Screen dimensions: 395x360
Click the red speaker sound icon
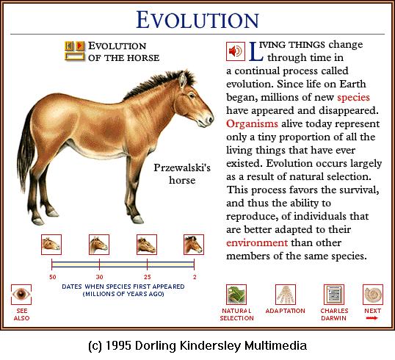[235, 51]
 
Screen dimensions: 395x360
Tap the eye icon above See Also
[21, 294]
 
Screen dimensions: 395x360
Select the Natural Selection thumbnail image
[236, 295]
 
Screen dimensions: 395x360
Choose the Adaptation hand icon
[286, 295]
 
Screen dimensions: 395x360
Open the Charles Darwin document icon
[334, 295]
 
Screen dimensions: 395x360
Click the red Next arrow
[372, 318]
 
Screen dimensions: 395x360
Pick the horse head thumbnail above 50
[51, 245]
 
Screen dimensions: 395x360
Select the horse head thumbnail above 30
[99, 245]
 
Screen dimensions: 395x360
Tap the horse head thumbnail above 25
[147, 245]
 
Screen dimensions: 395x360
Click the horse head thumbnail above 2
[194, 245]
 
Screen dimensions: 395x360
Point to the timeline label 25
[148, 277]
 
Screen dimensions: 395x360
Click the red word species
[353, 98]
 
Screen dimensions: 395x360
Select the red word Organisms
[252, 123]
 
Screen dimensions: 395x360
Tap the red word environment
[257, 242]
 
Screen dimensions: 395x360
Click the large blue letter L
[256, 51]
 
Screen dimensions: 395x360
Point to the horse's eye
[192, 96]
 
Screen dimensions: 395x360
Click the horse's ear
[182, 80]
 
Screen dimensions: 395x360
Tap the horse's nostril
[209, 120]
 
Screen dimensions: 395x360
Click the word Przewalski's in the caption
[182, 168]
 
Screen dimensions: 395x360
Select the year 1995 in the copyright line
[118, 345]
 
